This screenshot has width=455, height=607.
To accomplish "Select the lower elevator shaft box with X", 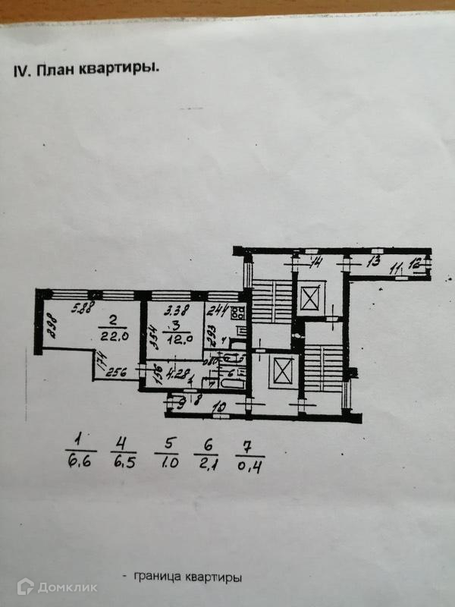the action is pyautogui.click(x=282, y=372).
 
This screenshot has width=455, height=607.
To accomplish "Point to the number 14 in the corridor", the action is pyautogui.click(x=318, y=263).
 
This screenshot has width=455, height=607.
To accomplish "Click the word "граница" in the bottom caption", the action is pyautogui.click(x=156, y=577).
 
